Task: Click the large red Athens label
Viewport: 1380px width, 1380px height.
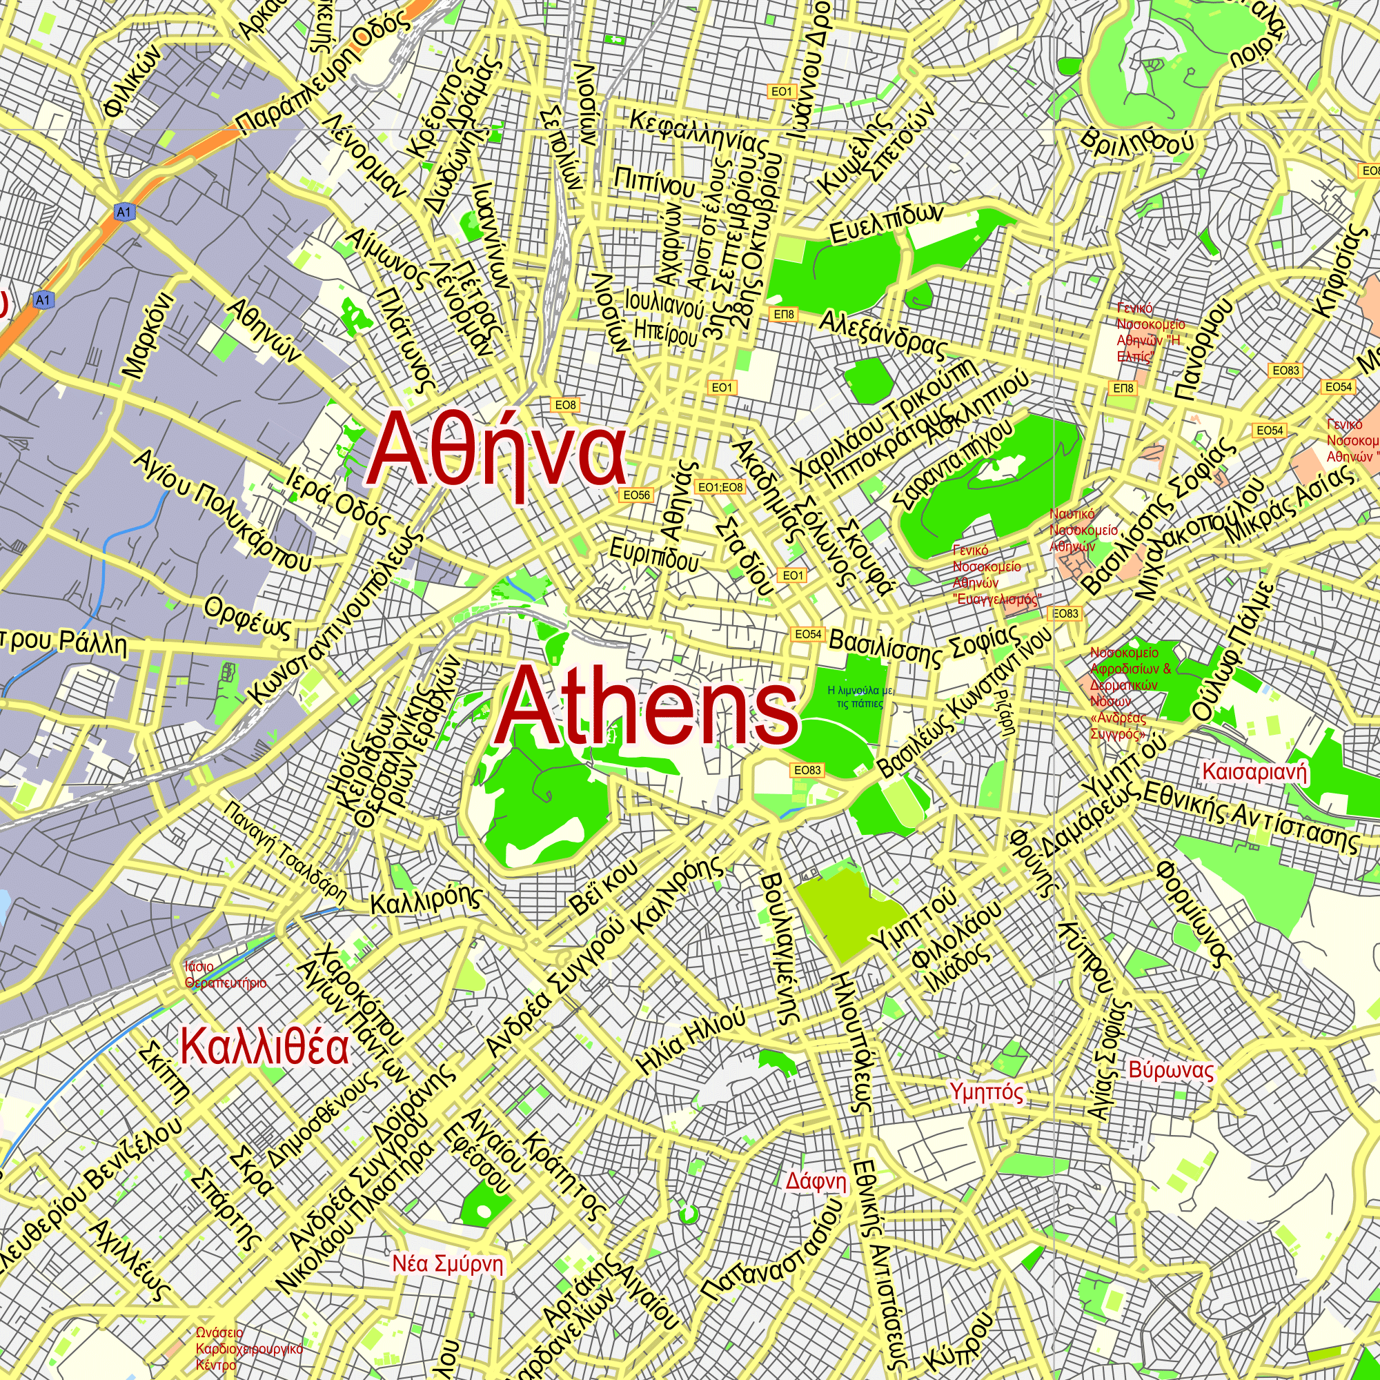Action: click(647, 706)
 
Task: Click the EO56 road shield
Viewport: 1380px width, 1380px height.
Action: click(635, 495)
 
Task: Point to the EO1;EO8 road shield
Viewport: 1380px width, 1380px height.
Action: click(720, 487)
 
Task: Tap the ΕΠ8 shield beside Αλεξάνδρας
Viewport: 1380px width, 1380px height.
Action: click(784, 314)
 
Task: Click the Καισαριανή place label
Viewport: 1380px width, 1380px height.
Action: click(1254, 772)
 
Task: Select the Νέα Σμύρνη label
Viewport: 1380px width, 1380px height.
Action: click(448, 1263)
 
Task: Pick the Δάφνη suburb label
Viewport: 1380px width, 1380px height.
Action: click(816, 1181)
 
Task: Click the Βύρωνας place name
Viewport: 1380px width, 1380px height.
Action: click(1171, 1070)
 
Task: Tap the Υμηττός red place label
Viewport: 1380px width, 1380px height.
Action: click(987, 1092)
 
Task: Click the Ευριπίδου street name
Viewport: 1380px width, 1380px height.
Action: click(653, 554)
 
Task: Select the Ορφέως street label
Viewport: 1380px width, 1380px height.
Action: click(248, 617)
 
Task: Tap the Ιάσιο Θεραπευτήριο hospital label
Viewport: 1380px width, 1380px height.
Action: click(225, 975)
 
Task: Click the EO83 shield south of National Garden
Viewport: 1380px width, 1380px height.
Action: click(807, 770)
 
